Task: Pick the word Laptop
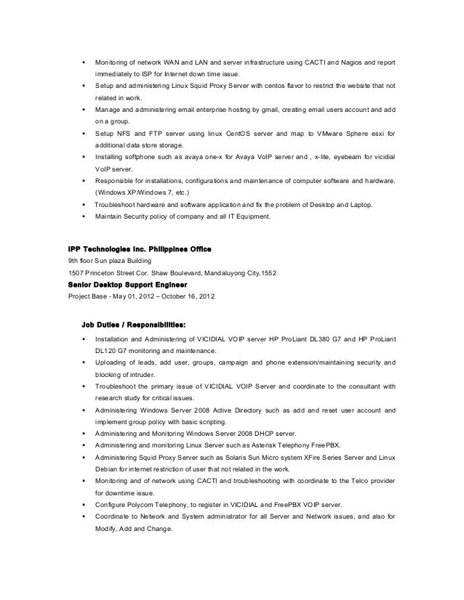(x=359, y=205)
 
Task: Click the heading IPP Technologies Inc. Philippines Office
(x=139, y=249)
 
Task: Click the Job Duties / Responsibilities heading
(x=137, y=325)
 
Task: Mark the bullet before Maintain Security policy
(x=86, y=216)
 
